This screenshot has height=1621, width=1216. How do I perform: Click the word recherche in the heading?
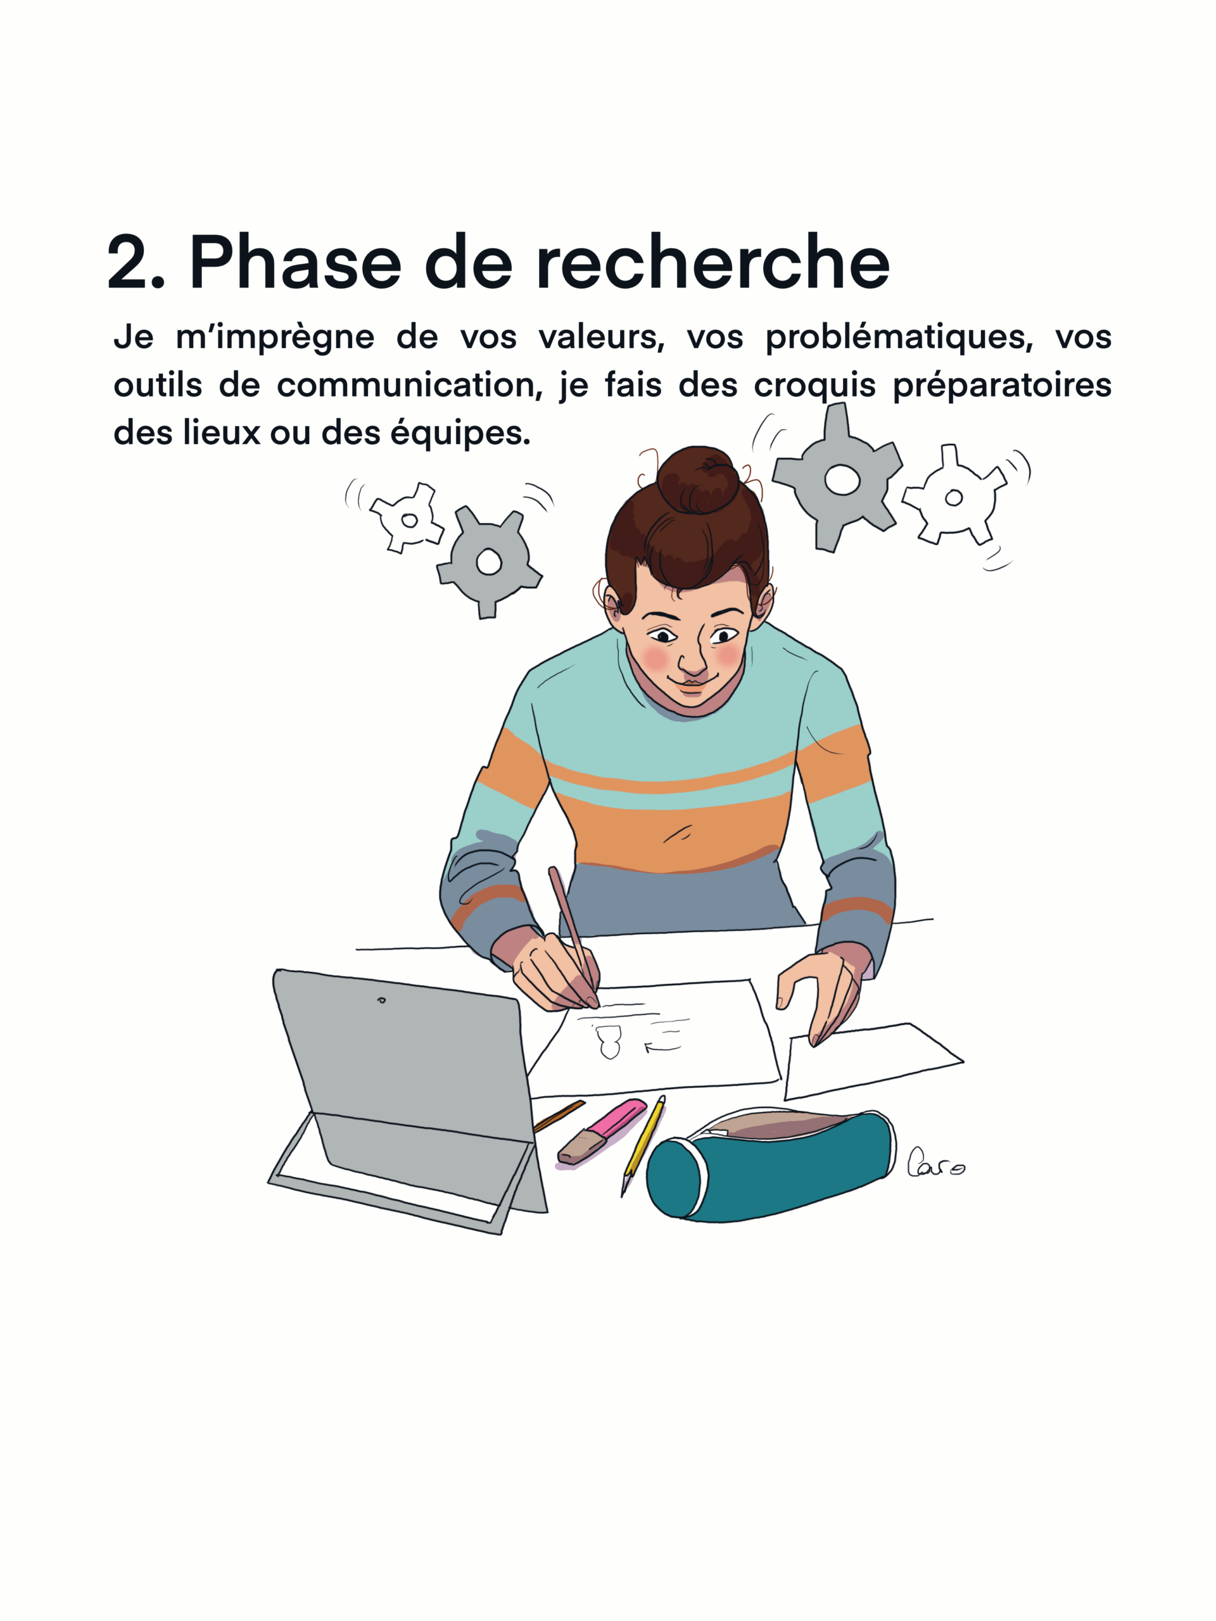(x=712, y=262)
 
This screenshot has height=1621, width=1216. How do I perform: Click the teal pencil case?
(x=769, y=1166)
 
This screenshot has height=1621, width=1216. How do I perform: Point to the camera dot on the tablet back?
(x=381, y=1000)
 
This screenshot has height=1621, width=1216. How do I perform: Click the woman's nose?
(x=691, y=660)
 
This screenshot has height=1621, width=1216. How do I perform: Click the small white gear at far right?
(x=954, y=498)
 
